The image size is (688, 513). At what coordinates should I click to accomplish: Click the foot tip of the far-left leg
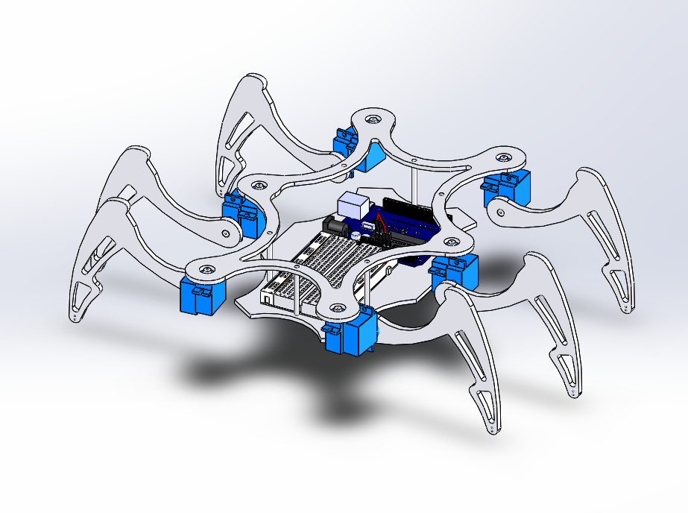pos(75,319)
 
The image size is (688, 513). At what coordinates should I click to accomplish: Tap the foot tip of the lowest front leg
pos(493,432)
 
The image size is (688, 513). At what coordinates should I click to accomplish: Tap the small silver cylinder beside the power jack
pos(356,234)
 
